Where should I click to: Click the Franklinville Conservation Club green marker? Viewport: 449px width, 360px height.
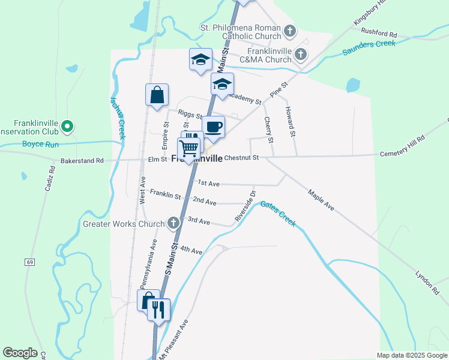[x=68, y=127]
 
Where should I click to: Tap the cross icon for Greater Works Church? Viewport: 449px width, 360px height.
[x=173, y=224]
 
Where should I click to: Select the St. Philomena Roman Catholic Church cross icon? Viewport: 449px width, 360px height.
[x=290, y=31]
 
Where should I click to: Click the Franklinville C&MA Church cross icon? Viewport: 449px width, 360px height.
[x=301, y=55]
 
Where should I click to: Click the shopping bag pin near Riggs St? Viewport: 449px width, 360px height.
[x=157, y=95]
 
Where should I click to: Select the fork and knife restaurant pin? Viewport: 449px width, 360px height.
[x=159, y=310]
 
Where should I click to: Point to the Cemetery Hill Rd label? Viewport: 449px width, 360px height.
[x=402, y=146]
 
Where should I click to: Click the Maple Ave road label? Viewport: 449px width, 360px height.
[x=321, y=200]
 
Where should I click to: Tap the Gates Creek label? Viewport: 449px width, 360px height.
[x=279, y=214]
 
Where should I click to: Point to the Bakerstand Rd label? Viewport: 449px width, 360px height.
[x=82, y=161]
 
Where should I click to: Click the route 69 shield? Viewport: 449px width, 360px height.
[x=29, y=262]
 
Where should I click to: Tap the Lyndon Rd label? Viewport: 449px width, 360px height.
[x=427, y=282]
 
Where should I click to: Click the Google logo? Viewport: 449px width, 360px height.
[x=20, y=352]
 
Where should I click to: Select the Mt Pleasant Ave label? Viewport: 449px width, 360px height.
[x=173, y=340]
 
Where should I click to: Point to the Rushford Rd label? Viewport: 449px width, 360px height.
[x=379, y=35]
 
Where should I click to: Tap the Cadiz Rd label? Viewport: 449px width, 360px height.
[x=50, y=179]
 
